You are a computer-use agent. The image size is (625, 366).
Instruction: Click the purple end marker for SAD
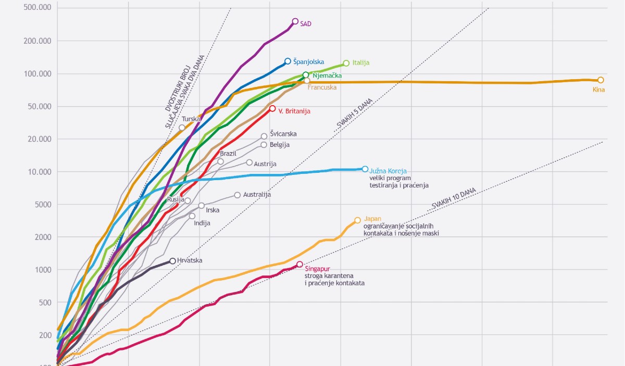pyautogui.click(x=295, y=21)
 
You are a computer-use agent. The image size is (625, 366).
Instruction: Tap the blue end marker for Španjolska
pyautogui.click(x=287, y=61)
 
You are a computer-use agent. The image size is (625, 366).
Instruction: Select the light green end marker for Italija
pyautogui.click(x=346, y=64)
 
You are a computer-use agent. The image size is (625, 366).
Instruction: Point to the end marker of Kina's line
pyautogui.click(x=601, y=80)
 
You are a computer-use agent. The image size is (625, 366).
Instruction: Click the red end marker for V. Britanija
pyautogui.click(x=272, y=108)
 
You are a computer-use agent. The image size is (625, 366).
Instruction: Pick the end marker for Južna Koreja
pyautogui.click(x=365, y=169)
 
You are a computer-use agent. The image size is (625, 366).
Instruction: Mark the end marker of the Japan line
pyautogui.click(x=357, y=220)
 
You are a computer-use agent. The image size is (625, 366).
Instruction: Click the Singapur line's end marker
pyautogui.click(x=299, y=264)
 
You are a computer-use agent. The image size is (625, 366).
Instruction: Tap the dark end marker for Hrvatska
pyautogui.click(x=173, y=261)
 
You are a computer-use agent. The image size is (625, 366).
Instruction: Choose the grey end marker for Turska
pyautogui.click(x=182, y=128)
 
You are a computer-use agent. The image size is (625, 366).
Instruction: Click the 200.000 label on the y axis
pyautogui.click(x=37, y=41)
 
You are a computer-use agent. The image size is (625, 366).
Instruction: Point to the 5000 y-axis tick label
pyautogui.click(x=43, y=205)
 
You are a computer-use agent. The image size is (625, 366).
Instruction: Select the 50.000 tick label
pyautogui.click(x=40, y=106)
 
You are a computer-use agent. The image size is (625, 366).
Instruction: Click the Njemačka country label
pyautogui.click(x=327, y=75)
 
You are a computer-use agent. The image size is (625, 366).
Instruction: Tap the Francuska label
pyautogui.click(x=322, y=87)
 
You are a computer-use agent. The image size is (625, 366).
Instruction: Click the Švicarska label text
pyautogui.click(x=283, y=134)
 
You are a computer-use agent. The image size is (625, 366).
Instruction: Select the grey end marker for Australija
pyautogui.click(x=237, y=195)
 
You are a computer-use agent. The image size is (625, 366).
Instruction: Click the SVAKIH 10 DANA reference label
pyautogui.click(x=454, y=198)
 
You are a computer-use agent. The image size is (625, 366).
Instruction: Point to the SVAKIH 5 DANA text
pyautogui.click(x=354, y=114)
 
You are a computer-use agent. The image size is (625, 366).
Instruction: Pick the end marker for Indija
pyautogui.click(x=192, y=216)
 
